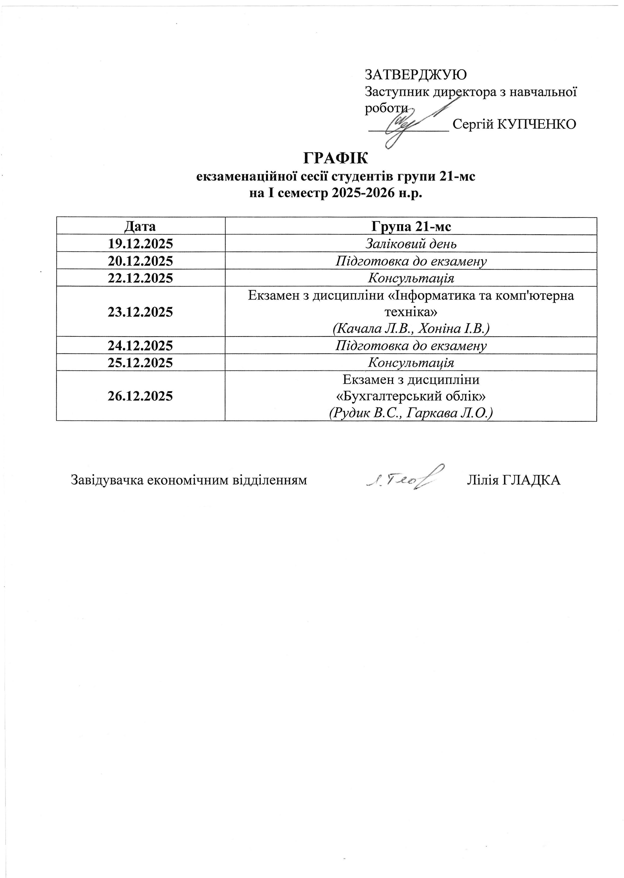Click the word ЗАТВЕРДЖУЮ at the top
click(x=415, y=74)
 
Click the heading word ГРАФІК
click(x=336, y=158)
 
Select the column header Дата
click(x=140, y=226)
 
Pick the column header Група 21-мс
click(x=411, y=226)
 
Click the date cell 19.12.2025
click(x=140, y=243)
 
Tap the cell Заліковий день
click(x=411, y=243)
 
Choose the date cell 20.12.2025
click(x=140, y=261)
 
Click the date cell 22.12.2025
click(x=140, y=278)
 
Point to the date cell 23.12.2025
click(x=140, y=312)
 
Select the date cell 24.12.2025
click(x=140, y=346)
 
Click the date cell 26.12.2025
click(x=140, y=396)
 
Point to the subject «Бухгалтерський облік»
click(x=411, y=396)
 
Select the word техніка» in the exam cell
click(x=411, y=312)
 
